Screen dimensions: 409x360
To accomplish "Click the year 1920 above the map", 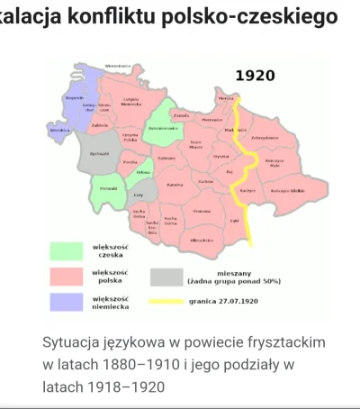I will pos(255,76).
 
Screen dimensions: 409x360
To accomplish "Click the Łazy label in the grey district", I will pos(139,195).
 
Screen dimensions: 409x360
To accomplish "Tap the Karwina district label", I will pos(175,185).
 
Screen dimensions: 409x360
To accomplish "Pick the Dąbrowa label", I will pos(166,158).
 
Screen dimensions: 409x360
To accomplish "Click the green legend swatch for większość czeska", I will pos(64,250).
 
